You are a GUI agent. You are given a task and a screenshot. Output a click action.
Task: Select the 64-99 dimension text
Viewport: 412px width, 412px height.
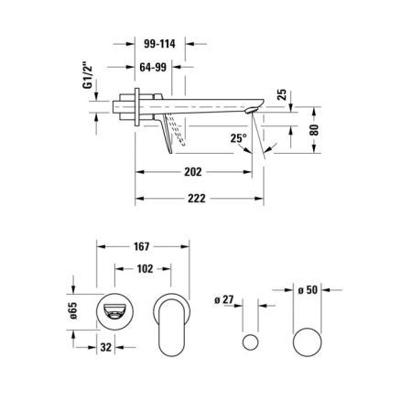tap(151, 67)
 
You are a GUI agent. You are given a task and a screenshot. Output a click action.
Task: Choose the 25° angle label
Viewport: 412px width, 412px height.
tap(240, 139)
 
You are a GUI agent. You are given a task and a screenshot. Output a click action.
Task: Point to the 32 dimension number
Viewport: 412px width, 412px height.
tap(106, 348)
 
